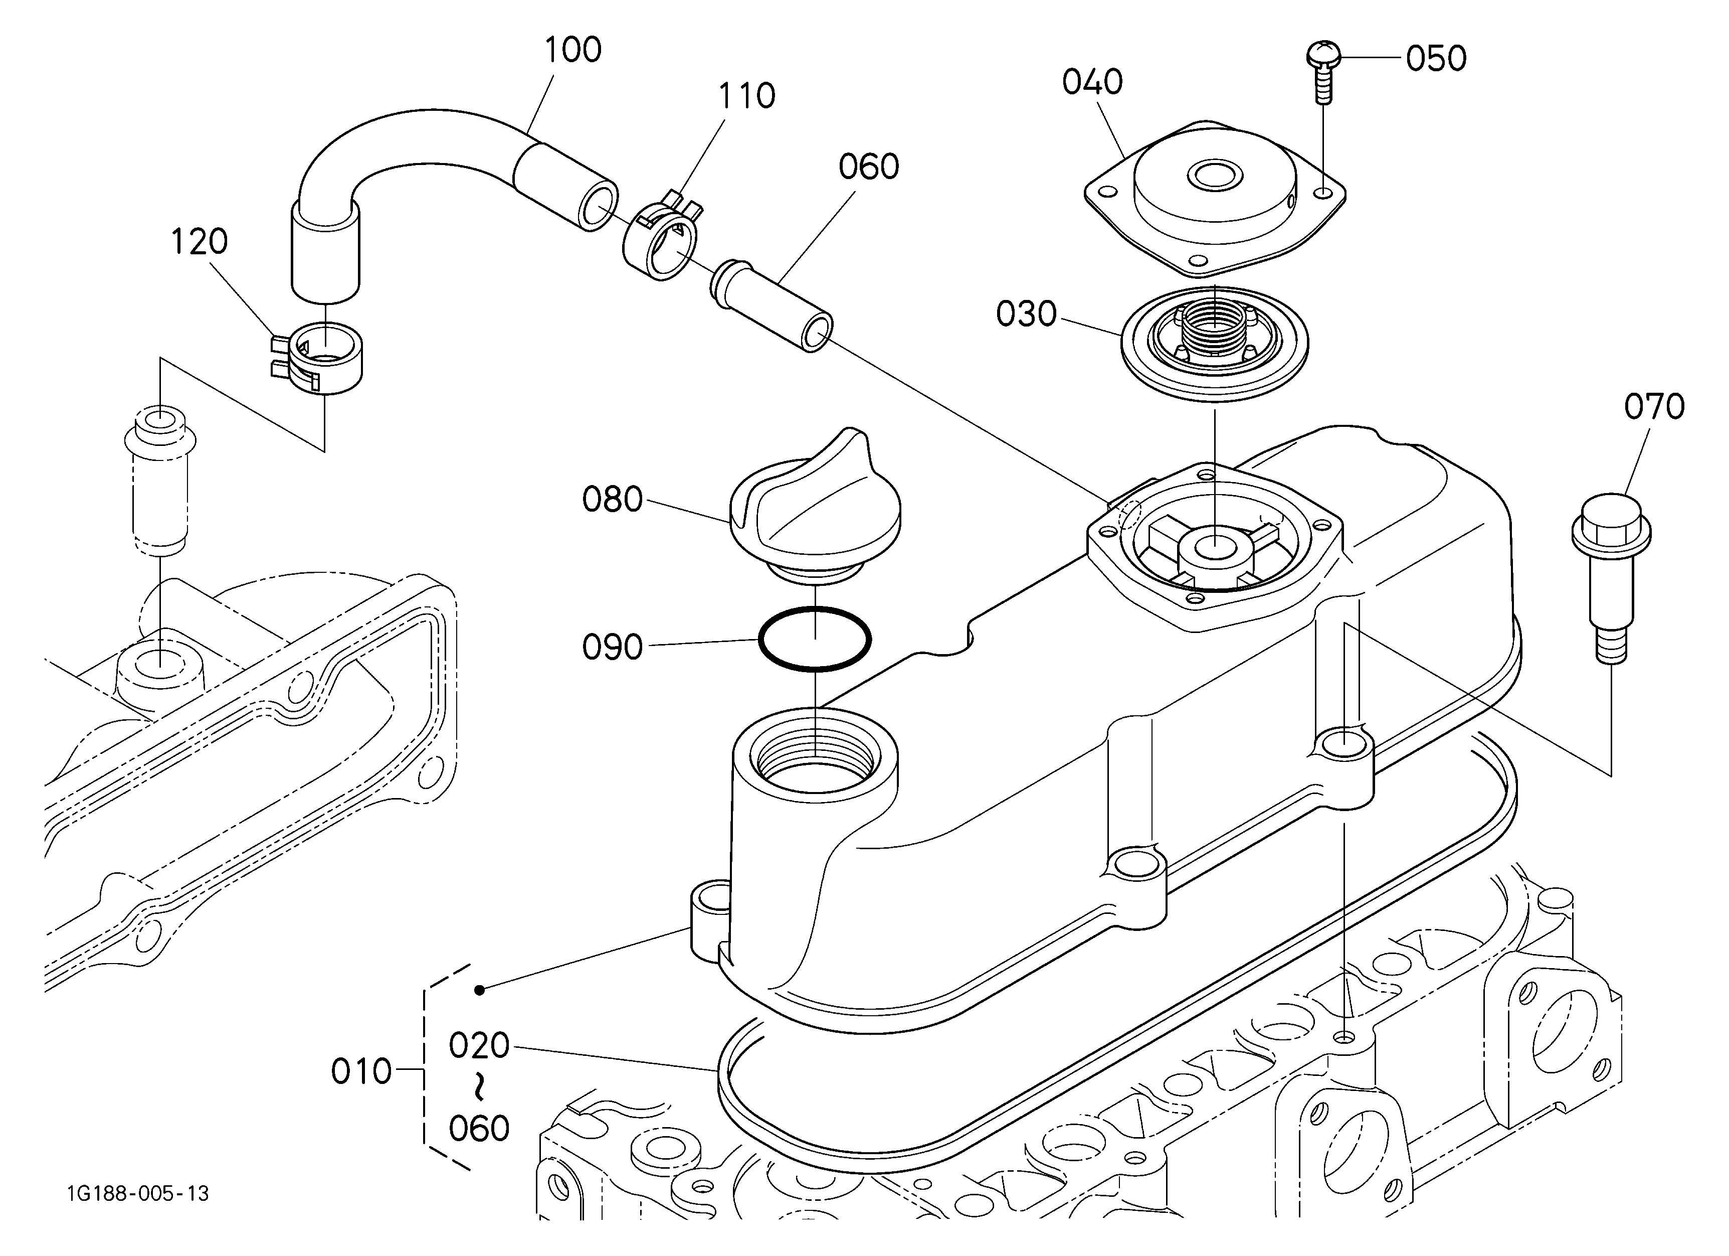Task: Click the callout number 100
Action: [572, 50]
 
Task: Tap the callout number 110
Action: [746, 97]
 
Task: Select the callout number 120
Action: [198, 242]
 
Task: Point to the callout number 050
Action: [1436, 59]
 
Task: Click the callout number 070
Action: [1654, 407]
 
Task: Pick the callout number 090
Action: [612, 648]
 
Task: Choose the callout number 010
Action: [361, 1072]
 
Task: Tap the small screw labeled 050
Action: [1323, 72]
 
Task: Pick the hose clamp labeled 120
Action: [318, 357]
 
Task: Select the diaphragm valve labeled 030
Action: [1215, 343]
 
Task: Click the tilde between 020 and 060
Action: [479, 1087]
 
